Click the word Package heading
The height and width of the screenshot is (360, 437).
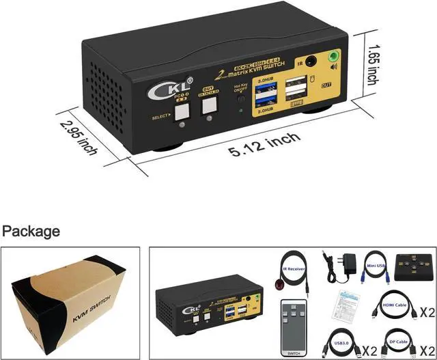tap(30, 231)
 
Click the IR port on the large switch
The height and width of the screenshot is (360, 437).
tap(313, 61)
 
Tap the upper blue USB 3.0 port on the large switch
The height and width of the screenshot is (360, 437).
tap(263, 87)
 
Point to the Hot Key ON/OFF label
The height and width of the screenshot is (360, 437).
tap(240, 89)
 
